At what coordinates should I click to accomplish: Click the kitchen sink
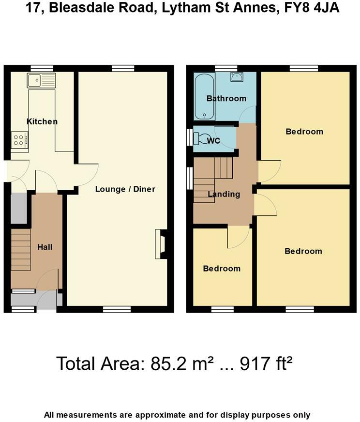pyautogui.click(x=42, y=80)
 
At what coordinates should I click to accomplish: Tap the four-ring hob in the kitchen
pyautogui.click(x=19, y=140)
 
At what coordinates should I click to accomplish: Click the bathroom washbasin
pyautogui.click(x=237, y=77)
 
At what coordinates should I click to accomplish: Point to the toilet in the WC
pyautogui.click(x=201, y=138)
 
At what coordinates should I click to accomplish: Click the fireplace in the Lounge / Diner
pyautogui.click(x=160, y=243)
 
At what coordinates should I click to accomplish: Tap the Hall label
pyautogui.click(x=45, y=247)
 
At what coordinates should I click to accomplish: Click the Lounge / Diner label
pyautogui.click(x=125, y=189)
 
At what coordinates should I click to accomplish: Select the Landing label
pyautogui.click(x=224, y=194)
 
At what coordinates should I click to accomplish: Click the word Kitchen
pyautogui.click(x=42, y=121)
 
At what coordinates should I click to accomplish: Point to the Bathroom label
pyautogui.click(x=226, y=98)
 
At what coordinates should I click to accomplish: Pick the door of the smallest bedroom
pyautogui.click(x=238, y=237)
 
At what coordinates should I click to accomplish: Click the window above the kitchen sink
pyautogui.click(x=42, y=68)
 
